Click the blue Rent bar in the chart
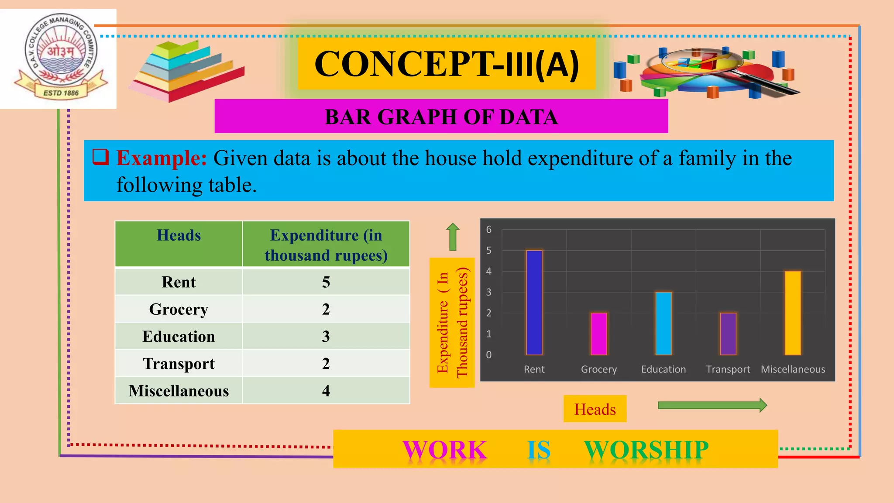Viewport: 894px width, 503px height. pyautogui.click(x=534, y=303)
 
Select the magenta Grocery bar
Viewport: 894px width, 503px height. pyautogui.click(x=598, y=334)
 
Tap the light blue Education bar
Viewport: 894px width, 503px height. pyautogui.click(x=663, y=324)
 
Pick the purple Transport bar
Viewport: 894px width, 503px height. pyautogui.click(x=728, y=334)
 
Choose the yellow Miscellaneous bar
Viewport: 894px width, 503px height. pyautogui.click(x=792, y=313)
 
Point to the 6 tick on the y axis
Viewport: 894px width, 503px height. pyautogui.click(x=489, y=230)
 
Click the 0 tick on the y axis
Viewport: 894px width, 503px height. pyautogui.click(x=489, y=355)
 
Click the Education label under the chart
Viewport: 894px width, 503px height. pyautogui.click(x=663, y=369)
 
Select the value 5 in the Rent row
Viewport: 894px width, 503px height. pyautogui.click(x=326, y=282)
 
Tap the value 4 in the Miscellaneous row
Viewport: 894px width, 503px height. pyautogui.click(x=326, y=391)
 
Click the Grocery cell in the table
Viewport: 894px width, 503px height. pyautogui.click(x=179, y=309)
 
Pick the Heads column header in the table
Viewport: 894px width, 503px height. pyautogui.click(x=179, y=235)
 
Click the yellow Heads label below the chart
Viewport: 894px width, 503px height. pyautogui.click(x=595, y=409)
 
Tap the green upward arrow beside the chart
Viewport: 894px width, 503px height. pyautogui.click(x=453, y=237)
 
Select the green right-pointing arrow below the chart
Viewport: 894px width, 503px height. pyautogui.click(x=712, y=405)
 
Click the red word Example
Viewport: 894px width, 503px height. pyautogui.click(x=162, y=158)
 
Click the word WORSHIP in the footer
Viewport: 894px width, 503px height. pyautogui.click(x=646, y=450)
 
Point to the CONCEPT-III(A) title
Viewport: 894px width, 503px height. pyautogui.click(x=446, y=64)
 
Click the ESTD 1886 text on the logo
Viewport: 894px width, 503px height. pyautogui.click(x=61, y=93)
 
